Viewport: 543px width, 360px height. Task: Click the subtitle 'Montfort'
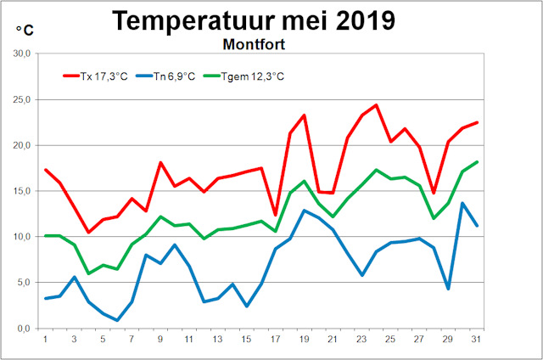[x=254, y=42]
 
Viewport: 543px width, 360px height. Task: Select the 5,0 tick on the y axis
[x=22, y=283]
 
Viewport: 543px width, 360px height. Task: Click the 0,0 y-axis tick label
[x=22, y=329]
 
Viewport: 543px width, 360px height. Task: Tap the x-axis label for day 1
[x=45, y=340]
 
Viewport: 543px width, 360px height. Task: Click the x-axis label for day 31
[x=477, y=340]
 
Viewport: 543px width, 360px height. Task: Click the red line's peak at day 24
[x=376, y=105]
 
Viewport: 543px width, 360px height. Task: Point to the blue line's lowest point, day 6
[x=117, y=320]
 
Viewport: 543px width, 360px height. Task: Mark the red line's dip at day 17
[x=276, y=215]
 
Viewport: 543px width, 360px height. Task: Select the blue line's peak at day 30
[x=462, y=203]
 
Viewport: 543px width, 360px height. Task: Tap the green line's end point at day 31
[x=477, y=162]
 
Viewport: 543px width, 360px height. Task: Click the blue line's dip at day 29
[x=448, y=289]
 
